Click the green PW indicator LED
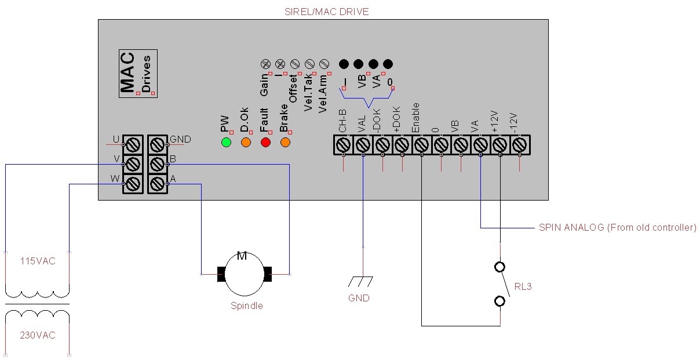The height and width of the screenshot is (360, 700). point(226,142)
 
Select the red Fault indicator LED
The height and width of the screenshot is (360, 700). point(266,142)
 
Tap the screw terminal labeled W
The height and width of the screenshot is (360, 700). point(133,184)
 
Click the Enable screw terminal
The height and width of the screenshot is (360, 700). point(421,144)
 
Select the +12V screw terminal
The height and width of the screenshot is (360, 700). point(500,144)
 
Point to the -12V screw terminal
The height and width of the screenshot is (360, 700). point(520,144)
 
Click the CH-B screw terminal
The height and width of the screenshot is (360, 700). point(343,144)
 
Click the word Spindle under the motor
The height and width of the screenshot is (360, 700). point(247,306)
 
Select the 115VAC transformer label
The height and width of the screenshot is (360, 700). point(38,261)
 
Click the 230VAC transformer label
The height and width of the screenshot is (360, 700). point(38,335)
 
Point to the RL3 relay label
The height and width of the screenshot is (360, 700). point(523,286)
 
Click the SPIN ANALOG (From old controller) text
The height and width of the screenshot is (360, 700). point(617,228)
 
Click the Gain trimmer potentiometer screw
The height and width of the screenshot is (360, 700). point(267,63)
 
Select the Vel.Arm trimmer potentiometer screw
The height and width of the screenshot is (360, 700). point(325,63)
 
